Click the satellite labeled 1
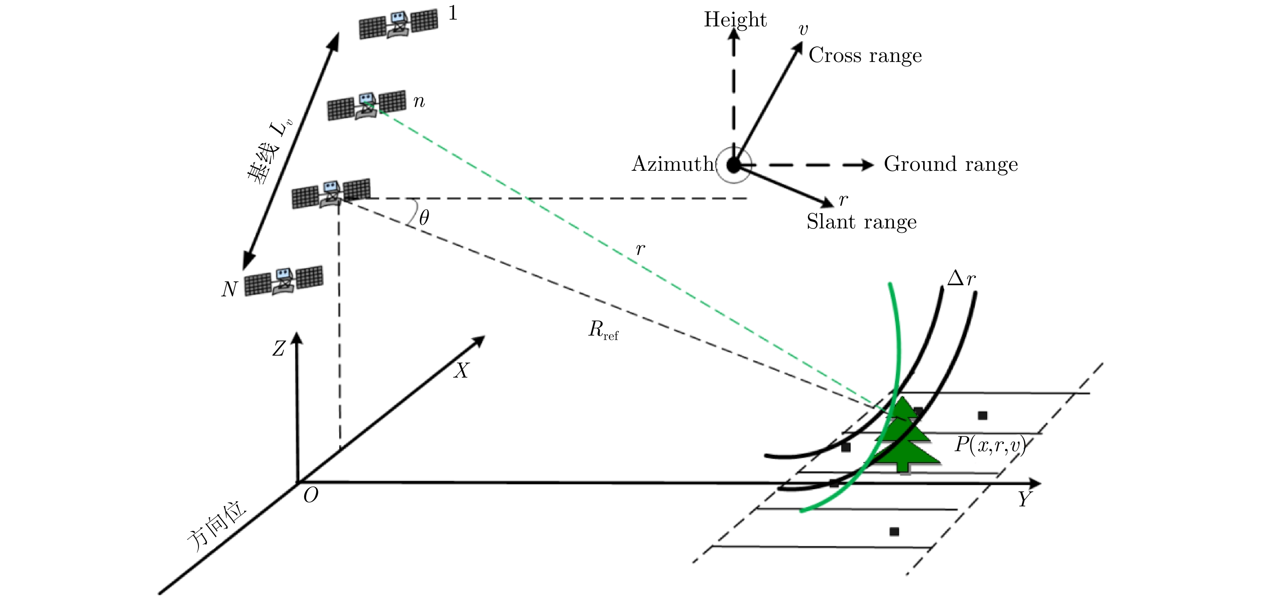398,24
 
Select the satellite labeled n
366,105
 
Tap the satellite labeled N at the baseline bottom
283,281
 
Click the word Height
735,20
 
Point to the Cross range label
865,55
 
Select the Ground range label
951,164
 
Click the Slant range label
861,222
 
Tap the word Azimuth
673,164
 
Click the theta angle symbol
424,218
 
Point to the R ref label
602,331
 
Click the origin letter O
310,496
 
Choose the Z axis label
279,349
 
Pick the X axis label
461,371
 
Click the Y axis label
1024,500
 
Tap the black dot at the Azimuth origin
733,165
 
